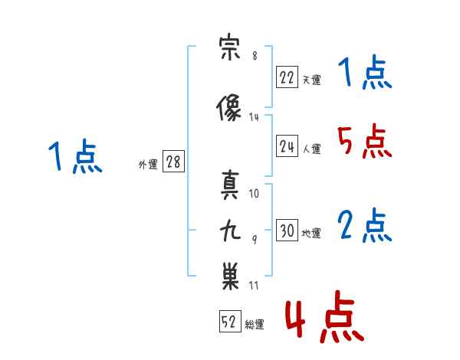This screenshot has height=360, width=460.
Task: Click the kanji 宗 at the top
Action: (x=229, y=47)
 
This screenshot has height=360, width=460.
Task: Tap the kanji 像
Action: (x=228, y=107)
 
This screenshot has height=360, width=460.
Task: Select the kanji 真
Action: (x=230, y=185)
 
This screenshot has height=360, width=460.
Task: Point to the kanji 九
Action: (x=230, y=231)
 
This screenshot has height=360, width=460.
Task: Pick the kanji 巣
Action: (x=230, y=276)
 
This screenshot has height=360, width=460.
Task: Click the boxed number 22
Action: (x=287, y=77)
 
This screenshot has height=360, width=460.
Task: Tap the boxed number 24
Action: (x=287, y=146)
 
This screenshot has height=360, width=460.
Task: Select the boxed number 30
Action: (x=287, y=230)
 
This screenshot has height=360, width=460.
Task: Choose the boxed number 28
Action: (x=173, y=162)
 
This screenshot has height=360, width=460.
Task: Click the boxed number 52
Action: (x=230, y=321)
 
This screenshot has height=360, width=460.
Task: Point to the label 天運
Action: (x=311, y=80)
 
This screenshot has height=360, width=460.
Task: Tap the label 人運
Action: (x=311, y=149)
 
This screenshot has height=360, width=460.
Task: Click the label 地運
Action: (x=311, y=234)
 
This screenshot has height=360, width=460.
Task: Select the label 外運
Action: (x=148, y=165)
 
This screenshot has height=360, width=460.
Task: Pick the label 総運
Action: (x=255, y=325)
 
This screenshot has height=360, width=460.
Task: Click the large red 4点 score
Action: (x=324, y=317)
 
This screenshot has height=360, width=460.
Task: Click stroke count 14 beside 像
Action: (x=254, y=117)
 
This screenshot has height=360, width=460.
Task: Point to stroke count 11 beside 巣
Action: (x=254, y=285)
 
